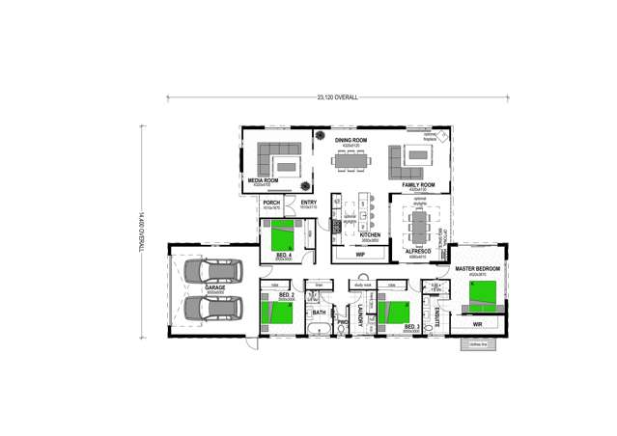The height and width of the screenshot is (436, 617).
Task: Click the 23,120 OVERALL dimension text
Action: [x=337, y=97]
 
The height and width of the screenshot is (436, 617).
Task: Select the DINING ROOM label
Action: [x=351, y=141]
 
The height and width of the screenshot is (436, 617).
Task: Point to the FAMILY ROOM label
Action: [x=418, y=184]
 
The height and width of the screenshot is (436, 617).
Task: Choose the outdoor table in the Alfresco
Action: [x=418, y=229]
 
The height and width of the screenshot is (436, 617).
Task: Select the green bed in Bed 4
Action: [x=283, y=234]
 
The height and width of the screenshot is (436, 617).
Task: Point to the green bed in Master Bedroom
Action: [x=482, y=291]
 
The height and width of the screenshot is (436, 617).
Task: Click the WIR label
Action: [x=477, y=324]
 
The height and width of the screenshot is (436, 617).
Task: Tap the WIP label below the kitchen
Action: [x=359, y=255]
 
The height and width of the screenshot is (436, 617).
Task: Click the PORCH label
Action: [x=271, y=203]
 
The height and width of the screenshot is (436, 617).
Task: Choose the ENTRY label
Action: [x=308, y=203]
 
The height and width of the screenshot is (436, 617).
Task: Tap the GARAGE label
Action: [x=214, y=288]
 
